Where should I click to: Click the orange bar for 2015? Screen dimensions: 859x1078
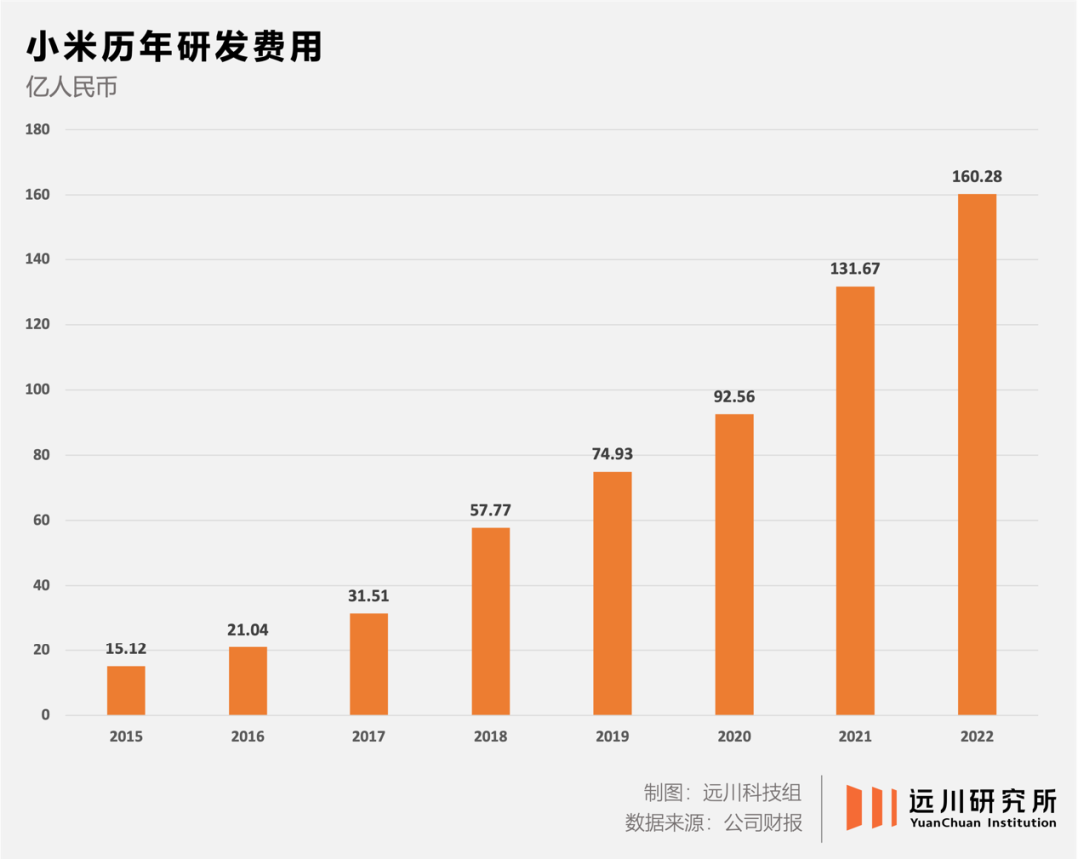pos(126,690)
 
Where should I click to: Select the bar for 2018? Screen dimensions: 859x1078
pos(491,621)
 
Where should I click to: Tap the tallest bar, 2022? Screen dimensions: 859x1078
pos(977,454)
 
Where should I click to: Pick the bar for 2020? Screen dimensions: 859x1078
pos(734,564)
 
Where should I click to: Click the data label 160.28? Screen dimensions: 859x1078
pos(977,177)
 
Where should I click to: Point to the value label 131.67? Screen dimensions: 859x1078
pos(855,269)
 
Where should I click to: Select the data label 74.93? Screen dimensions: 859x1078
pos(612,454)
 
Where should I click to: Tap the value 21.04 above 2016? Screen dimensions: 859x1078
pos(248,630)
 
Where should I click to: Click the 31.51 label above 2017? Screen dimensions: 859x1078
pos(369,596)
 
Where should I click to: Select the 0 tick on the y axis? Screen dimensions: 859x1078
pos(45,715)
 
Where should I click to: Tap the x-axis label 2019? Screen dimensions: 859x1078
pos(612,737)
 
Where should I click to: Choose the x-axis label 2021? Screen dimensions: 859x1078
pos(855,737)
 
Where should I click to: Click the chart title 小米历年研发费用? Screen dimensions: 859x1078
pos(174,47)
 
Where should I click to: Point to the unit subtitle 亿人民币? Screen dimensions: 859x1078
pos(72,88)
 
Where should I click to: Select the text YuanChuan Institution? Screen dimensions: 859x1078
pos(982,823)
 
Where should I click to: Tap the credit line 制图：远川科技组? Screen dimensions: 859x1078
pos(722,794)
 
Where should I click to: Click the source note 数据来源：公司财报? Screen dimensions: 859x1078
pos(713,824)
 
